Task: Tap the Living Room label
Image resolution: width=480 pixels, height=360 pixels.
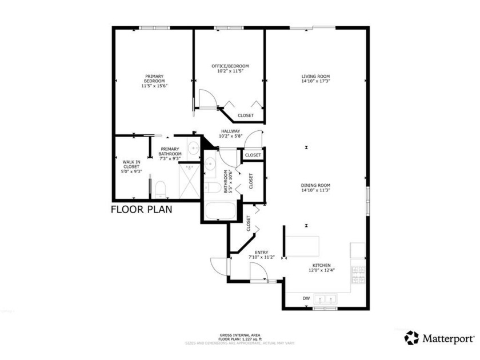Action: pos(316,76)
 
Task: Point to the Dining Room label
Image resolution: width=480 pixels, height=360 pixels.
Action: pos(316,185)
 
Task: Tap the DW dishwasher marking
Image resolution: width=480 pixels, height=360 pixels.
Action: pos(306,298)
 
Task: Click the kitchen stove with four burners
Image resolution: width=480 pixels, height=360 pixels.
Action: pos(358,275)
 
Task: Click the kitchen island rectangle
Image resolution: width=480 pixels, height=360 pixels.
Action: pos(303,246)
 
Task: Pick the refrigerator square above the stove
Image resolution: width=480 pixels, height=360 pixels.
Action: pos(358,250)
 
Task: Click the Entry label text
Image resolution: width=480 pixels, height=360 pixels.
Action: pos(262,254)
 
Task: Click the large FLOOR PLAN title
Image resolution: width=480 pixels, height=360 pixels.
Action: pos(141,209)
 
